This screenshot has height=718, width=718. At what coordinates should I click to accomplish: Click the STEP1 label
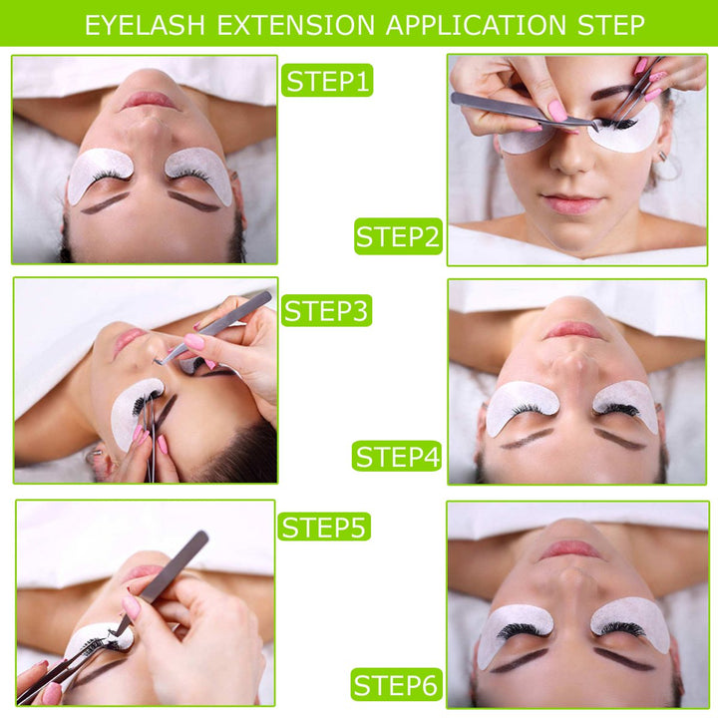click(x=327, y=80)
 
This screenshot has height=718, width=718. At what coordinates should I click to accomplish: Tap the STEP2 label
click(x=398, y=237)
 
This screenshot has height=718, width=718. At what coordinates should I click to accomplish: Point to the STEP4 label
click(x=398, y=457)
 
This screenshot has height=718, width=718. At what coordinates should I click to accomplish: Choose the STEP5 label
click(x=325, y=527)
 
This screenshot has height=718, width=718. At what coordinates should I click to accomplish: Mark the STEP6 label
click(x=398, y=685)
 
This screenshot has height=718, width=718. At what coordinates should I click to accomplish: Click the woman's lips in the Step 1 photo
click(x=150, y=100)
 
